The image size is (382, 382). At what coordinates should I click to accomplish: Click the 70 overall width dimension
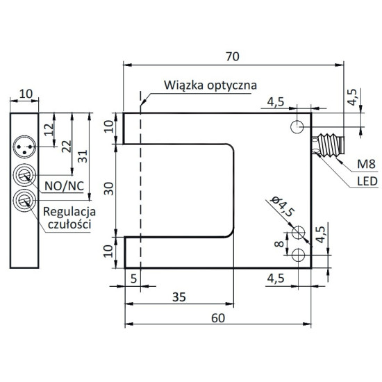click(x=233, y=56)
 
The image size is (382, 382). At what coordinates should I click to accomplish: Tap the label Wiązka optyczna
click(x=210, y=85)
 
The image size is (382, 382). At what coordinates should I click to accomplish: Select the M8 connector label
click(x=366, y=164)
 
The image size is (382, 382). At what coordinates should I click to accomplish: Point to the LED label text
click(x=367, y=181)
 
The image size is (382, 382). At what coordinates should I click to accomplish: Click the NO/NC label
click(x=65, y=186)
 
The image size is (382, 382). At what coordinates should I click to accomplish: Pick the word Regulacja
click(x=69, y=212)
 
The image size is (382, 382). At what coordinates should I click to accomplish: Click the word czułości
click(x=69, y=224)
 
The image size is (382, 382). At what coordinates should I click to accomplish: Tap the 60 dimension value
click(x=218, y=318)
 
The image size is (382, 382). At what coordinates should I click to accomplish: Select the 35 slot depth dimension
click(x=179, y=297)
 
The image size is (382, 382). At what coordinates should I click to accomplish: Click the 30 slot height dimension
click(x=109, y=189)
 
